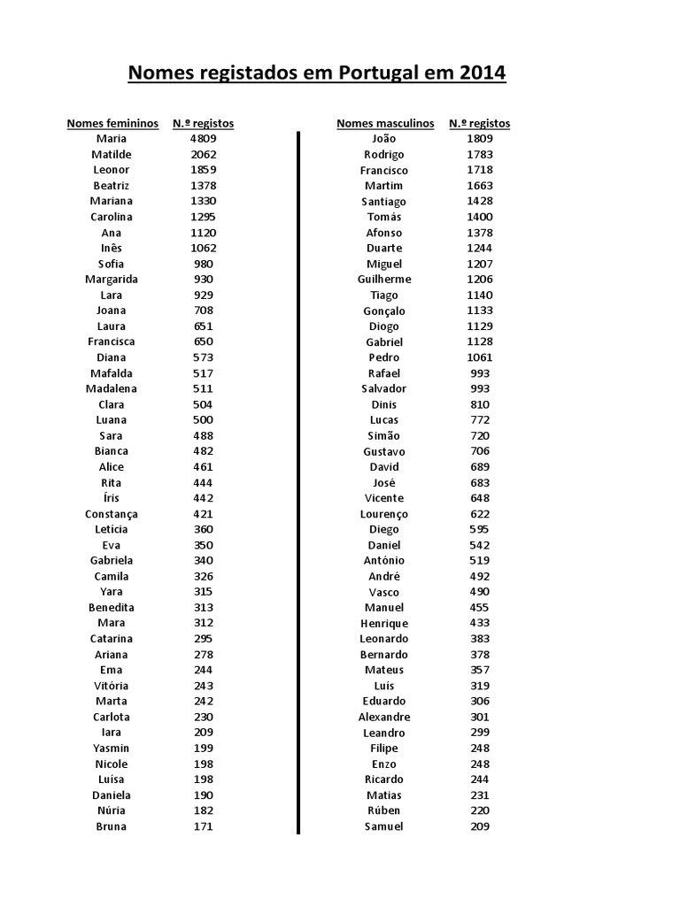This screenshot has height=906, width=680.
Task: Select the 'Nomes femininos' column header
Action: [112, 123]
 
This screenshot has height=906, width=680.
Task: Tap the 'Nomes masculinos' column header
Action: [385, 123]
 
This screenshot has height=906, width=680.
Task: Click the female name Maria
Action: [112, 139]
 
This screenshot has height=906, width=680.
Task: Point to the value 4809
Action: [203, 139]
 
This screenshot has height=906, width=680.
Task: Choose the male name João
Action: [384, 139]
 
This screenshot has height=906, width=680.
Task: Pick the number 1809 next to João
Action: [480, 139]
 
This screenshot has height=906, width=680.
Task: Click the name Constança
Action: [112, 514]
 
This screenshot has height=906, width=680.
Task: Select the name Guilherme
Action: [384, 280]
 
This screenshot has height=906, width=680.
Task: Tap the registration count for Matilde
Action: [203, 154]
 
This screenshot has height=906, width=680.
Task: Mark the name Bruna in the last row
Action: [112, 826]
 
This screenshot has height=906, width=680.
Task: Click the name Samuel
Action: [384, 826]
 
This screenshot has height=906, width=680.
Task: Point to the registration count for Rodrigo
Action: [480, 154]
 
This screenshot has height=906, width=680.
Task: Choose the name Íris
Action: [112, 498]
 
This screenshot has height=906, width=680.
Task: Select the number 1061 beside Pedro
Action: [480, 357]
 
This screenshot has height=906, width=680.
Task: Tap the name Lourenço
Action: [384, 514]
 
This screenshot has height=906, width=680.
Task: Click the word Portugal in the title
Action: [377, 73]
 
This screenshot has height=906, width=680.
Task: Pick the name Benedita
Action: [112, 608]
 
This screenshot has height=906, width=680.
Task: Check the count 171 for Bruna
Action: [203, 826]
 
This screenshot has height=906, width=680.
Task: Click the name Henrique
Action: [384, 624]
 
